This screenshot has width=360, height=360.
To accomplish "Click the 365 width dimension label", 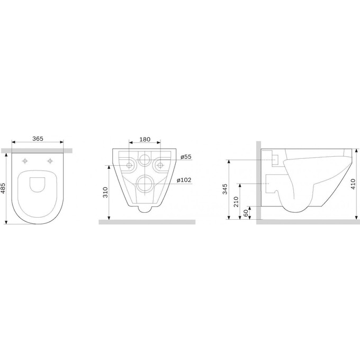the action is point(38,139).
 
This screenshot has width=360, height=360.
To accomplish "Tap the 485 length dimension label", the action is point(4,188).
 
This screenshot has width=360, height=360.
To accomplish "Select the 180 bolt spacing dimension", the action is point(145,139).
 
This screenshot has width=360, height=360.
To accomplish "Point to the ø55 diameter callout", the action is point(186,157).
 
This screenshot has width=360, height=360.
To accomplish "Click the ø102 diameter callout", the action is point(184,180).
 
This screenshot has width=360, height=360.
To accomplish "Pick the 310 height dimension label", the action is point(105,192).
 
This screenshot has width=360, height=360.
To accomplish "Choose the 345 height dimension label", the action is point(225,189).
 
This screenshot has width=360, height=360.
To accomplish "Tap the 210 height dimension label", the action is point(236,202).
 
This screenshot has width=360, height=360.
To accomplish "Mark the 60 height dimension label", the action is point(246,213).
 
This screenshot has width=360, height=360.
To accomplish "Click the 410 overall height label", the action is point(353,184).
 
